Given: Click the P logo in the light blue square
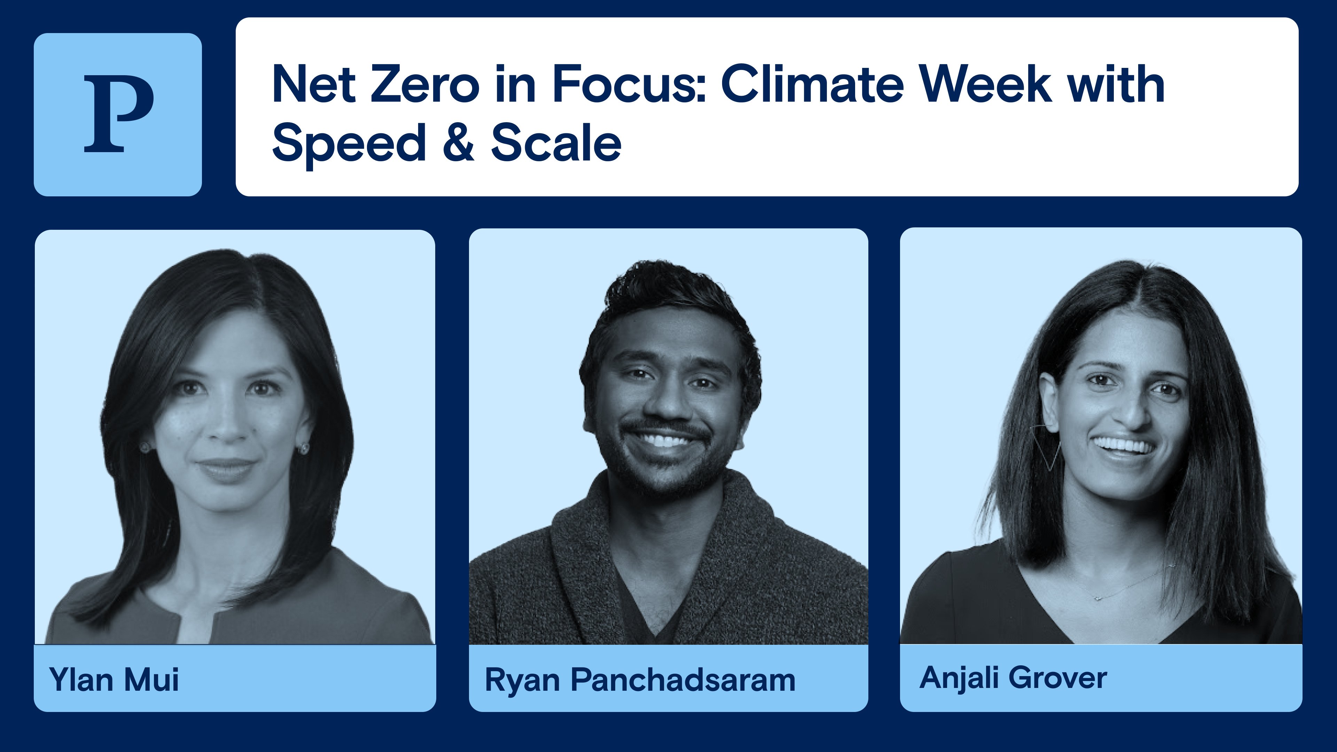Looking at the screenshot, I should pyautogui.click(x=118, y=114).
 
